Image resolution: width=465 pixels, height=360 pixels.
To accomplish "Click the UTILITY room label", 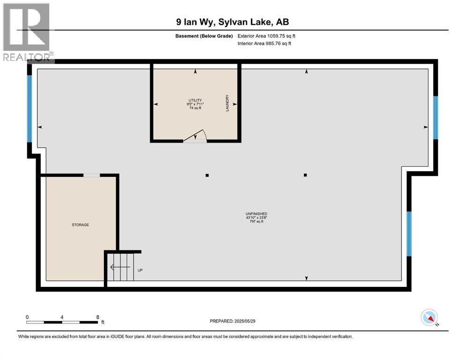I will point(195,100).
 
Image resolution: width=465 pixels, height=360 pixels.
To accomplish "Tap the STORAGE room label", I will point(80,225).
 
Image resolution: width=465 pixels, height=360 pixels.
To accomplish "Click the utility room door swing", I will point(194,135).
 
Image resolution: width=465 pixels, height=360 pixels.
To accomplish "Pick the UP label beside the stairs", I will point(140,270).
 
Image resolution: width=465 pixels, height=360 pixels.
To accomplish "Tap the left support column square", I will point(207,175).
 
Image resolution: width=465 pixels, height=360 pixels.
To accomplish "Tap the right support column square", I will point(305,175).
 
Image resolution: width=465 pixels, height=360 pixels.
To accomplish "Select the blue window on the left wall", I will point(30,108).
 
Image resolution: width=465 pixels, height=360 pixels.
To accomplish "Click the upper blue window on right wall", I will point(435,118).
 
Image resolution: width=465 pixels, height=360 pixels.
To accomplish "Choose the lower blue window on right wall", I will point(409,233).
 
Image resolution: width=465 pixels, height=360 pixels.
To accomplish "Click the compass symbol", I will point(429,318).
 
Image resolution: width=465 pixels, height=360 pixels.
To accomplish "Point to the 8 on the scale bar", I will point(97,317).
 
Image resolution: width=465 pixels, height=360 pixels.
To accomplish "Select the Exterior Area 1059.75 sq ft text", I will point(266,36).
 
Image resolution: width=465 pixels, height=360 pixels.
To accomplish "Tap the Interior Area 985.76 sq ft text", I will point(265,44).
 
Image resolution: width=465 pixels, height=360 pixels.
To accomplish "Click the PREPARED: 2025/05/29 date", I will point(232,321).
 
